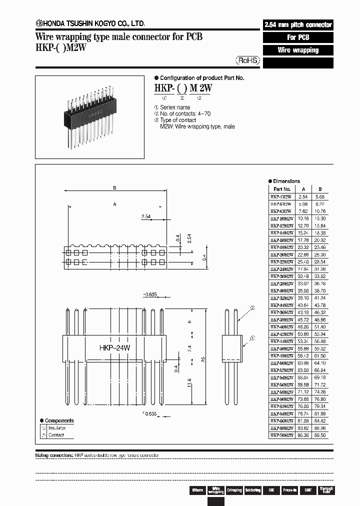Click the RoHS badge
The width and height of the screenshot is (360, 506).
(248, 60)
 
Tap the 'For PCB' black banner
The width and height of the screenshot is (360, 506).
(298, 37)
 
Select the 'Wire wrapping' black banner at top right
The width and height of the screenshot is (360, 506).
(298, 50)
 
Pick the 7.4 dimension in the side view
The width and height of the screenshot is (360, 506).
(188, 349)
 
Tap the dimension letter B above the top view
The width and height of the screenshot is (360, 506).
(114, 188)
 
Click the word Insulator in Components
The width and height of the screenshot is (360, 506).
(57, 428)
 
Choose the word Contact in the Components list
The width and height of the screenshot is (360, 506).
(56, 435)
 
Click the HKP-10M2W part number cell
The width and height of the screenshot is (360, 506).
(280, 218)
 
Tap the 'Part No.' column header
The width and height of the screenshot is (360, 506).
(282, 189)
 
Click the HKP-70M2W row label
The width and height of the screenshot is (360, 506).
(280, 436)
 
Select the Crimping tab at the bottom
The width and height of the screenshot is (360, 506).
(234, 490)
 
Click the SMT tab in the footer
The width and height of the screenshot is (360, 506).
(307, 490)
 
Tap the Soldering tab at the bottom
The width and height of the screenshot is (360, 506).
(252, 490)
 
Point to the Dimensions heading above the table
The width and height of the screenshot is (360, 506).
(286, 181)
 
